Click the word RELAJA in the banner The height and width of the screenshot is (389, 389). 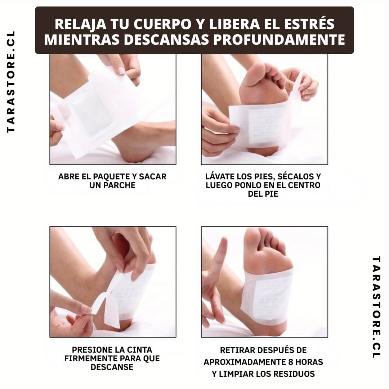(80, 24)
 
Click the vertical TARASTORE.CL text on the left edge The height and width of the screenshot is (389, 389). (11, 82)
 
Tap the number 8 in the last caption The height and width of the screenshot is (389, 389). (291, 362)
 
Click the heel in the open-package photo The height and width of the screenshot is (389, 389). (135, 151)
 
